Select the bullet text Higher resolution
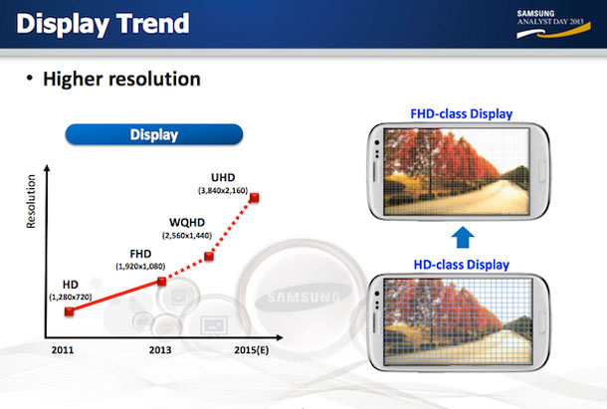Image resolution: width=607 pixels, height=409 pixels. [124, 78]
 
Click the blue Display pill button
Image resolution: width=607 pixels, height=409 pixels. [154, 134]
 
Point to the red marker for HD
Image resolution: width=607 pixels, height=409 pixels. [69, 311]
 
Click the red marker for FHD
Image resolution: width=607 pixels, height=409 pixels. [162, 282]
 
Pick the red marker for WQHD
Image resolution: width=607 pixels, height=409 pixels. [209, 257]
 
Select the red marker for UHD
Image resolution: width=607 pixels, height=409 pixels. [256, 196]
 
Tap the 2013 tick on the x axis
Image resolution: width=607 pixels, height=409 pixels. [162, 351]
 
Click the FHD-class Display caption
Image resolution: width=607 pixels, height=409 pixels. [463, 113]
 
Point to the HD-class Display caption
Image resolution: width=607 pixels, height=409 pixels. [461, 264]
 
